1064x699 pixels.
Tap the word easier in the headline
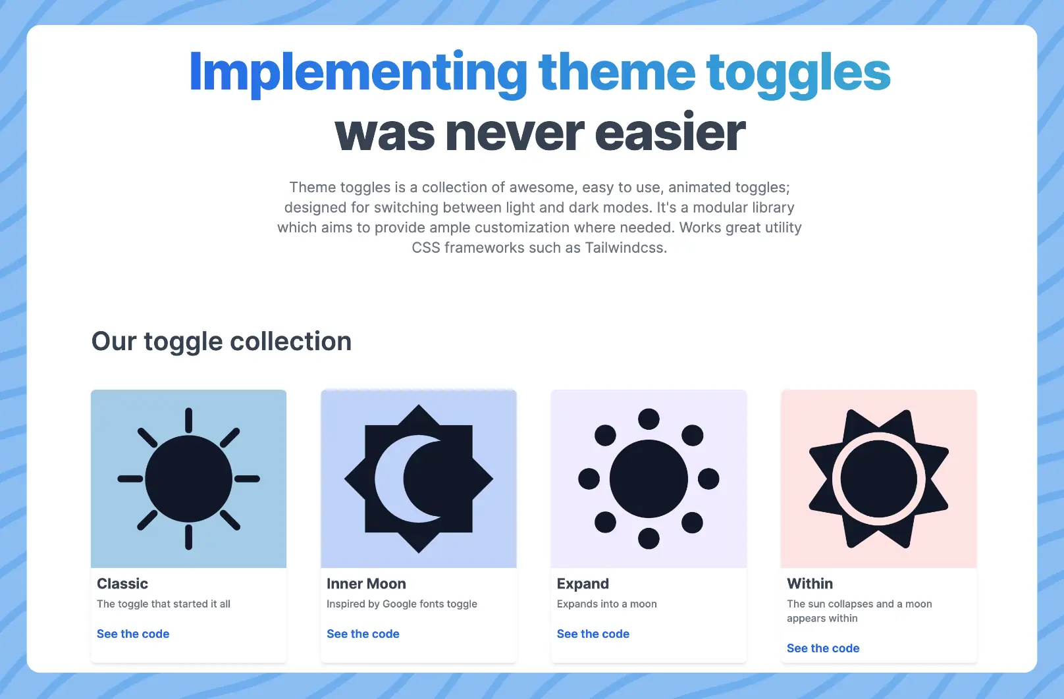[670, 132]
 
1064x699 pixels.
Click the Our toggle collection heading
[221, 342]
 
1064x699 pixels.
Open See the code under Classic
[133, 634]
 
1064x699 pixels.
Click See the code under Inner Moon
[363, 634]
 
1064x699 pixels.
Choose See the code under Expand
[593, 634]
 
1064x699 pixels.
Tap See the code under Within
[823, 648]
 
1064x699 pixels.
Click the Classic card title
[122, 584]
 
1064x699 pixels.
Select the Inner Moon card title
[366, 584]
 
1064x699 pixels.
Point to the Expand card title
[583, 584]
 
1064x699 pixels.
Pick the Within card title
[810, 584]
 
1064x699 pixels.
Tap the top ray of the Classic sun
[188, 420]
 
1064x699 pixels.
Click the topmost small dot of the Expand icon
[649, 419]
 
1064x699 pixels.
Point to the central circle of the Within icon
[879, 479]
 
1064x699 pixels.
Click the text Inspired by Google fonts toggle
[402, 604]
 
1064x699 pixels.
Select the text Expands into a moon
[606, 604]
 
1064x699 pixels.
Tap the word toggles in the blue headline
[799, 74]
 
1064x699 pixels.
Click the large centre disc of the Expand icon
[649, 479]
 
